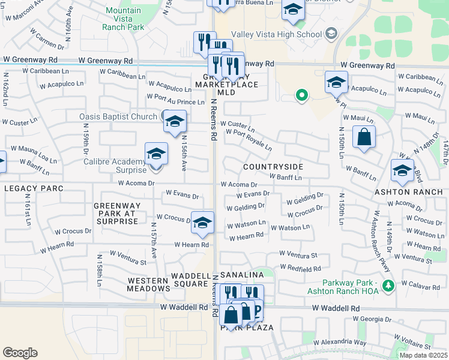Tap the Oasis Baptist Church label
(118, 116)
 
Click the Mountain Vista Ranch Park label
(123, 19)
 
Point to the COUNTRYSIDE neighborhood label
(273, 166)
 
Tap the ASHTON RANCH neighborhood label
(408, 192)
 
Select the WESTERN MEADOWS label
(149, 284)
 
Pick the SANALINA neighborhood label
(243, 274)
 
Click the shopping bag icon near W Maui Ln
(364, 137)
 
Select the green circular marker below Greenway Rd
(302, 94)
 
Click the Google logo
(20, 352)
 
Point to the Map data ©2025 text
(423, 355)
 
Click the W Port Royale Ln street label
(249, 139)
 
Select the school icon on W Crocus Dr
(203, 222)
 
